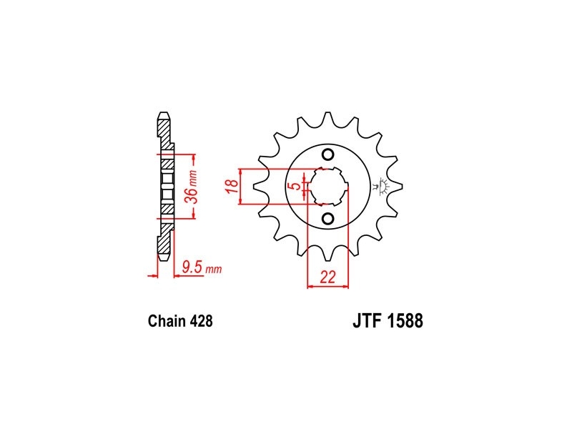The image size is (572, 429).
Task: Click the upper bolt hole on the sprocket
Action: tap(328, 154)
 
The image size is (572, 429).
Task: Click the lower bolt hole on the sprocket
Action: tap(328, 219)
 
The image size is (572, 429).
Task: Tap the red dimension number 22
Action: tap(327, 277)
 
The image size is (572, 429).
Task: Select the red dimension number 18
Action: tap(232, 186)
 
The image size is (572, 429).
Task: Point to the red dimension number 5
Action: tap(296, 186)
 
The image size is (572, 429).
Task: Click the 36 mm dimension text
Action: tap(192, 187)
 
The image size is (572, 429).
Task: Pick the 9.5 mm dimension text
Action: tap(202, 268)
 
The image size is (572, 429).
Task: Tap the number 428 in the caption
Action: tap(201, 321)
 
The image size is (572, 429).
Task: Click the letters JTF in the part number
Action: tap(367, 320)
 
